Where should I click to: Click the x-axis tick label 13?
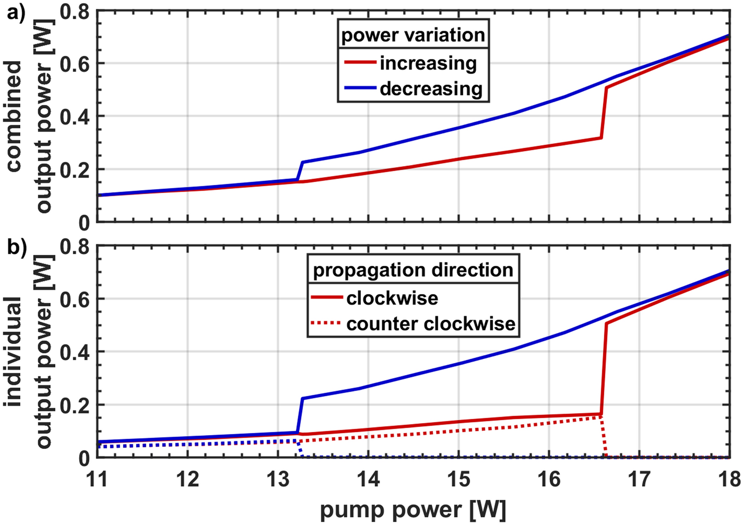pos(278,480)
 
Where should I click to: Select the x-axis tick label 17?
pos(639,480)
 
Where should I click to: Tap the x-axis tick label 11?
pos(97,480)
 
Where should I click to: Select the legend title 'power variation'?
pos(413,35)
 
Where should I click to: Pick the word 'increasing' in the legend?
pos(428,63)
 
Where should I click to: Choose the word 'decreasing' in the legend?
pos(431,89)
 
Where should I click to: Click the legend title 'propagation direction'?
pos(413,270)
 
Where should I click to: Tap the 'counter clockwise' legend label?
pos(431,324)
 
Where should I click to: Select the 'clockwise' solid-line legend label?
pos(392,298)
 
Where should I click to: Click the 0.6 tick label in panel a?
pos(75,64)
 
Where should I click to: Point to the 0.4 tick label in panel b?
pos(75,352)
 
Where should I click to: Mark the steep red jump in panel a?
pos(604,113)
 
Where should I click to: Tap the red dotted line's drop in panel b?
pos(604,437)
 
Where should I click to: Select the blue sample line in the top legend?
pos(360,88)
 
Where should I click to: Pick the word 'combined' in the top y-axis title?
pos(15,116)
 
